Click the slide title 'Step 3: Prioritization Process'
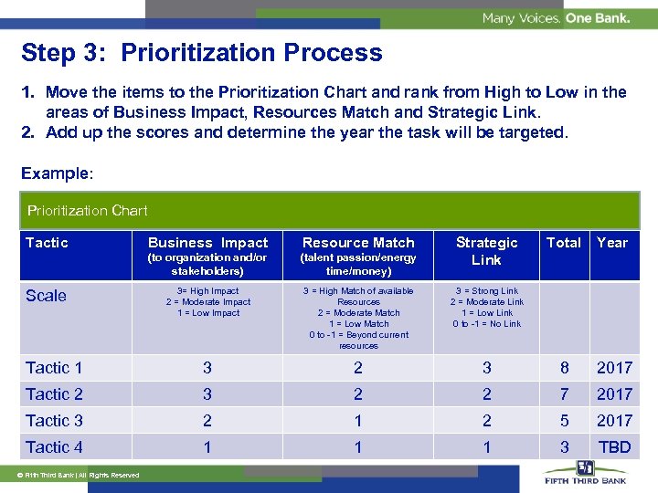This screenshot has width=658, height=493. (x=202, y=53)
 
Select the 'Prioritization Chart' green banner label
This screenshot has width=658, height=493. (x=88, y=211)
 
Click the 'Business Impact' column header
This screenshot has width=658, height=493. (x=207, y=243)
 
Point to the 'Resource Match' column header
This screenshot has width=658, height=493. (x=358, y=243)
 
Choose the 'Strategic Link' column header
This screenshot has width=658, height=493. (x=486, y=251)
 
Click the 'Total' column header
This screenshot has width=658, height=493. (x=563, y=243)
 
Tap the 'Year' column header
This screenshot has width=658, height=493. (x=612, y=243)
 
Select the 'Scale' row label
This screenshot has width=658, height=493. (x=46, y=296)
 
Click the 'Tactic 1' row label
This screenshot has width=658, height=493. (x=54, y=368)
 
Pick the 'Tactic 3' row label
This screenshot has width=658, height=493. (x=54, y=421)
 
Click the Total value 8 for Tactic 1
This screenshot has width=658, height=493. (x=564, y=368)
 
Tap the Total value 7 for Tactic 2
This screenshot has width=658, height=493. (x=564, y=394)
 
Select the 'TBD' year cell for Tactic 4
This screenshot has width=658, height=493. (x=614, y=447)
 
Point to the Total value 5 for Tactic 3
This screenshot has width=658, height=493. (x=564, y=421)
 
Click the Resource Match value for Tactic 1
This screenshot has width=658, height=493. (x=358, y=368)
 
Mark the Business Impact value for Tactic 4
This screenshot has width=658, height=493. (x=207, y=447)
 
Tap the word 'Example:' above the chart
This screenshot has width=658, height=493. (x=54, y=173)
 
